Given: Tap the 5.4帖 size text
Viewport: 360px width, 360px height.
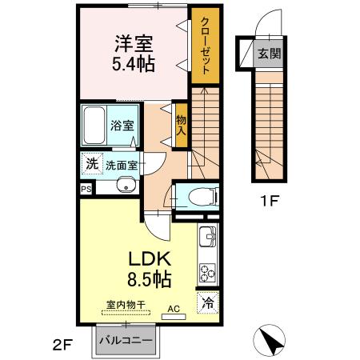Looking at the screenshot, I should [133, 62].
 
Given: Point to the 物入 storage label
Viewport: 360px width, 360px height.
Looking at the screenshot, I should [181, 123].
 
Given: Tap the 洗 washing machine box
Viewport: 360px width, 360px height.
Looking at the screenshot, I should [92, 163].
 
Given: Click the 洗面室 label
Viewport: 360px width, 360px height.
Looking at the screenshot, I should [121, 164].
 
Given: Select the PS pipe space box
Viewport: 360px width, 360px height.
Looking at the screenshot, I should [86, 189].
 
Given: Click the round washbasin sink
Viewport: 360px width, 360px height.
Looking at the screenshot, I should [124, 186].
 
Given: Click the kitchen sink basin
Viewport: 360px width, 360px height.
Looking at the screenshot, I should [207, 238].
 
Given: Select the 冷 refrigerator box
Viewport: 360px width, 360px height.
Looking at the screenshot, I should [207, 303].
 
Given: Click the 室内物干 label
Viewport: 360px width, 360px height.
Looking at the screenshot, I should [125, 304].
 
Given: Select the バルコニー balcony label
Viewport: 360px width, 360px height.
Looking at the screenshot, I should [126, 341].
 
